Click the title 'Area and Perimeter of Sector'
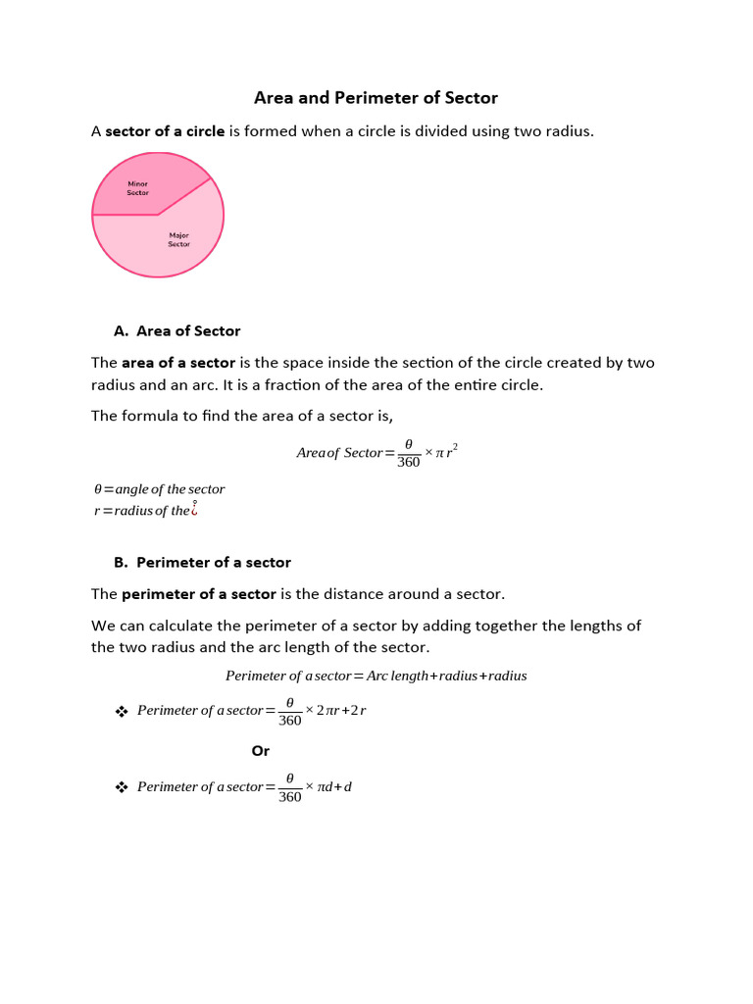(x=376, y=98)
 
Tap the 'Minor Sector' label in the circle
(x=137, y=188)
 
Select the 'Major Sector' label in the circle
(x=178, y=239)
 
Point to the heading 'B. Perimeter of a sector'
(x=203, y=563)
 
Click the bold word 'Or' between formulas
(x=261, y=751)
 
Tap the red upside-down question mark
(x=195, y=508)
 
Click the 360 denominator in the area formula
(x=409, y=462)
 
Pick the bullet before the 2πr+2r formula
(x=123, y=711)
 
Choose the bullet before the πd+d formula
(x=123, y=787)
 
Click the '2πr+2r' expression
(x=341, y=711)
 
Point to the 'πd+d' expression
(x=333, y=787)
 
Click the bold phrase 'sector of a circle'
(x=165, y=131)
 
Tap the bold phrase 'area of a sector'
(x=178, y=363)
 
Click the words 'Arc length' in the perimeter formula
(x=398, y=676)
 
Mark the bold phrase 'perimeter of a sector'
(x=199, y=594)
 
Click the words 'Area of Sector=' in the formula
(x=345, y=453)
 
